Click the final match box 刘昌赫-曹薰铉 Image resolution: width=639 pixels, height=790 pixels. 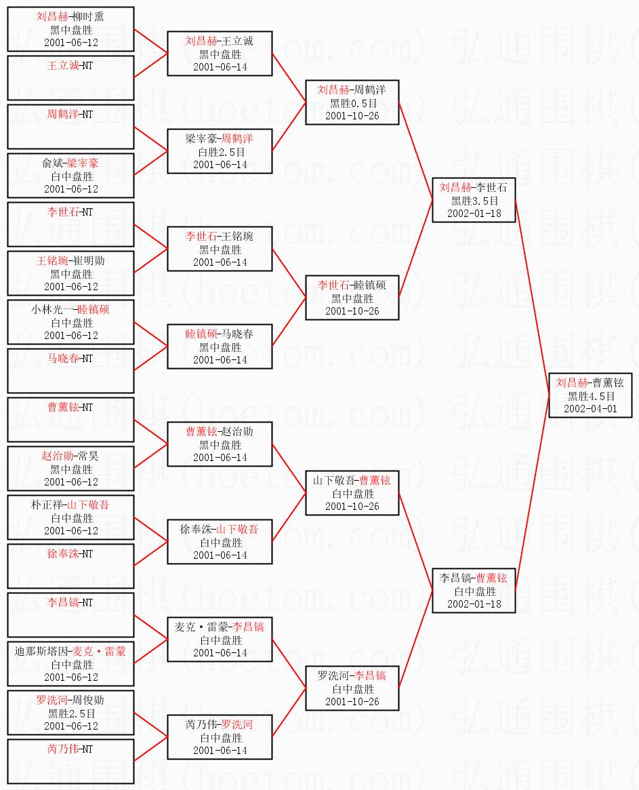pyautogui.click(x=590, y=395)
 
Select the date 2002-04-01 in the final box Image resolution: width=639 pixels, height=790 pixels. pyautogui.click(x=590, y=408)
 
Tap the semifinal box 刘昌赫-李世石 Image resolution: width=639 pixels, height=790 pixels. pyautogui.click(x=473, y=200)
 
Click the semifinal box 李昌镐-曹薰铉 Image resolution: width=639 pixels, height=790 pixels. pyautogui.click(x=473, y=591)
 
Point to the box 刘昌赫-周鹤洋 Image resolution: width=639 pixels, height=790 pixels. pyautogui.click(x=352, y=102)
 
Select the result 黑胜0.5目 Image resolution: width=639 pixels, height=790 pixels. pyautogui.click(x=352, y=103)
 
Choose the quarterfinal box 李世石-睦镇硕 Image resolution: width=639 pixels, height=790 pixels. pyautogui.click(x=352, y=298)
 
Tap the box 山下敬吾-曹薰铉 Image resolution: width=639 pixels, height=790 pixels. pyautogui.click(x=352, y=493)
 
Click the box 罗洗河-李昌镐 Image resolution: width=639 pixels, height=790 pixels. pyautogui.click(x=352, y=688)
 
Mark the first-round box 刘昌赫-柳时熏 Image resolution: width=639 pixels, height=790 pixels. pyautogui.click(x=70, y=29)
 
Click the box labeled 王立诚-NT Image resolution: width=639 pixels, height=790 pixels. pyautogui.click(x=70, y=78)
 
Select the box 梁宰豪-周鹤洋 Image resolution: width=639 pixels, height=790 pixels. pyautogui.click(x=220, y=151)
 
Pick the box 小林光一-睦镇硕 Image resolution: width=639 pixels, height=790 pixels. pyautogui.click(x=70, y=322)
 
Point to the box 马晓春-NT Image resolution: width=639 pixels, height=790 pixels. pyautogui.click(x=70, y=371)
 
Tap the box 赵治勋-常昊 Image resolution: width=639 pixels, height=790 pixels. pyautogui.click(x=70, y=469)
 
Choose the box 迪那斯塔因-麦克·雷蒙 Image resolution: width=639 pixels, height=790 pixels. pyautogui.click(x=70, y=664)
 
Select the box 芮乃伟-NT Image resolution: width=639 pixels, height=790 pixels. pyautogui.click(x=70, y=762)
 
